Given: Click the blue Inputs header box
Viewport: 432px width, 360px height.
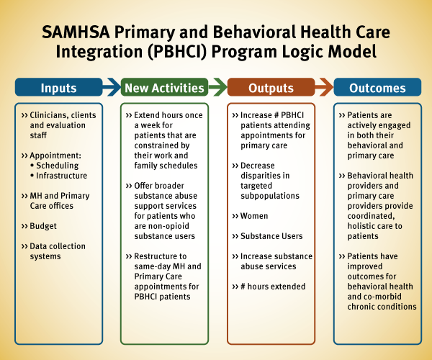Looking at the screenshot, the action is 59,87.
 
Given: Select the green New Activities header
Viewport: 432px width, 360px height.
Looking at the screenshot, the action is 164,87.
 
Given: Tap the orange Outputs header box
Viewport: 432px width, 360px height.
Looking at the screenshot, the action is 271,87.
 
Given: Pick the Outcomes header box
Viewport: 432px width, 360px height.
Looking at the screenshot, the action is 377,87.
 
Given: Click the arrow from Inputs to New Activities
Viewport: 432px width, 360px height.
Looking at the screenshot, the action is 112,87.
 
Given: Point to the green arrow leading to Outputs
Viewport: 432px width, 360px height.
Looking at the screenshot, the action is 218,87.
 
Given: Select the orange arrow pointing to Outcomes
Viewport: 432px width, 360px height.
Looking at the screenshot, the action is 324,87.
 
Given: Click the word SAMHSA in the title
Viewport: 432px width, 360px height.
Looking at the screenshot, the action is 76,32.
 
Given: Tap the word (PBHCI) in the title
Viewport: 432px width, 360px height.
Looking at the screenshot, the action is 177,52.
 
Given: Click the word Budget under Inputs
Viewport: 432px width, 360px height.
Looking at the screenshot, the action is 43,226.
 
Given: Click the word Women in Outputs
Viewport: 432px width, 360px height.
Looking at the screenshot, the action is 254,216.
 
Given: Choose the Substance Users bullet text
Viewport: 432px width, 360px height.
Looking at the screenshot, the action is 271,236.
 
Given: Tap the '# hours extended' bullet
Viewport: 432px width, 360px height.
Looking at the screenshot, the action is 273,287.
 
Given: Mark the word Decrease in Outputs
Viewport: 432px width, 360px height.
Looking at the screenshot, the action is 258,166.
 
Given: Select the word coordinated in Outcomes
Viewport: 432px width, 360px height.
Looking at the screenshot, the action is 371,216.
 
